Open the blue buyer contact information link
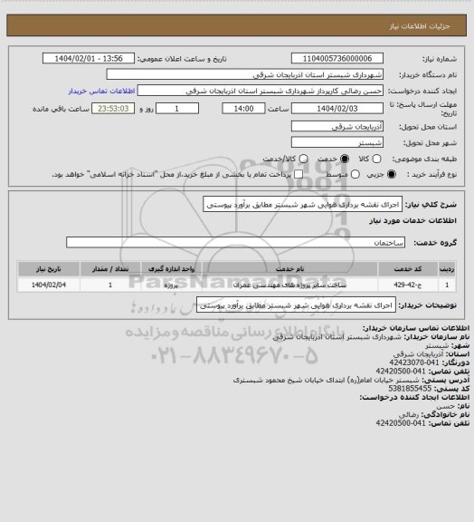tap(101, 92)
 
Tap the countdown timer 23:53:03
tap(114, 108)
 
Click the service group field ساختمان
tap(236, 243)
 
